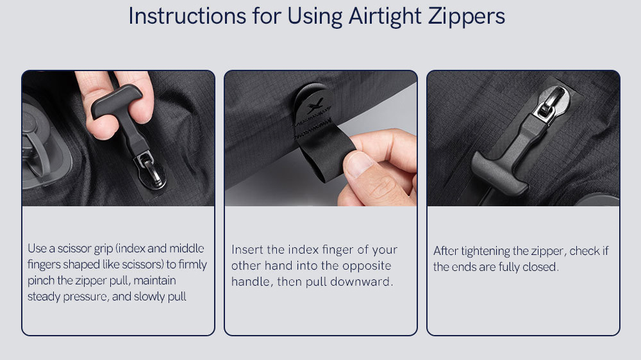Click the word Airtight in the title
385,17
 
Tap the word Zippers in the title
467,17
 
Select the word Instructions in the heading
187,17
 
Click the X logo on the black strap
315,106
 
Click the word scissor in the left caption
74,248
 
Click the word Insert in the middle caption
245,249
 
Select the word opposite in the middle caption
367,266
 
